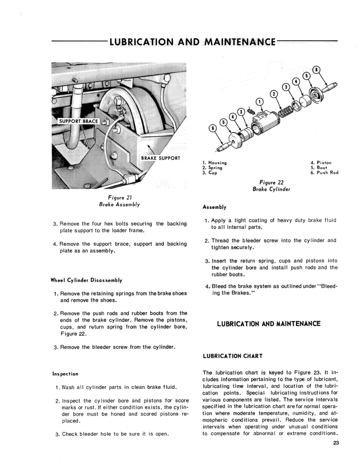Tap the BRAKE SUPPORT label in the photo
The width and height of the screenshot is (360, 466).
(160, 158)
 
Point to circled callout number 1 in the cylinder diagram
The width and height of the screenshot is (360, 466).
(260, 102)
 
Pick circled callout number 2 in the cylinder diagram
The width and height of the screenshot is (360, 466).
(274, 93)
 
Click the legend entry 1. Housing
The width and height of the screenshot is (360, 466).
(215, 162)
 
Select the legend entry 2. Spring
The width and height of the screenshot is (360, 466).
(213, 167)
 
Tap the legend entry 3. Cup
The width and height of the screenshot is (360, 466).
(210, 173)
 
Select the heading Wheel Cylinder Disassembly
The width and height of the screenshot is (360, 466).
(87, 280)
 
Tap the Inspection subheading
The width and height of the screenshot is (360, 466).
(65, 374)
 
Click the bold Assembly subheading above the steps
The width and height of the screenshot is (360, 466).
(215, 207)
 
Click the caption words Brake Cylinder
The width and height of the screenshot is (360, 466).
(271, 189)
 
